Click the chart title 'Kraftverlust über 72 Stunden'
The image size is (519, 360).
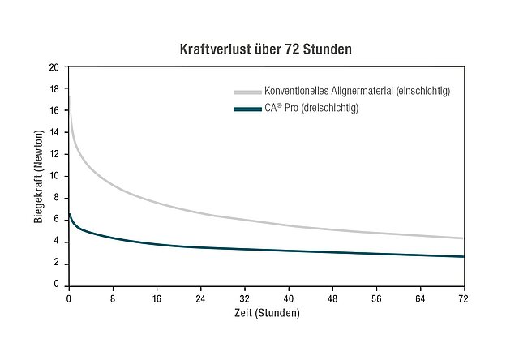tap(266, 49)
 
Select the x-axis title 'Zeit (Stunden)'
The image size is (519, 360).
tap(267, 312)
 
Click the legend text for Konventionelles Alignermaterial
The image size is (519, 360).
tap(357, 91)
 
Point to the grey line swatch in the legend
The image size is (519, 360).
tap(247, 91)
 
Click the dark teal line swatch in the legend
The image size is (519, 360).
tap(247, 109)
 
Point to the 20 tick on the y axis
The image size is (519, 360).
tap(54, 66)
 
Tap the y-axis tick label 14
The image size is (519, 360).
tap(54, 132)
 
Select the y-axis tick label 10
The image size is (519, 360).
tap(54, 176)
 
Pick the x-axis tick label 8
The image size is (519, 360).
tap(113, 298)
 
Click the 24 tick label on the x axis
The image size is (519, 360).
tap(201, 298)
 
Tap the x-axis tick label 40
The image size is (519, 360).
tap(289, 298)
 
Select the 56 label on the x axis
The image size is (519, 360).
tap(376, 298)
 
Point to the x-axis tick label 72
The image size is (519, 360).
tap(464, 298)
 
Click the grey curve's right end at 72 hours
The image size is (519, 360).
tap(463, 238)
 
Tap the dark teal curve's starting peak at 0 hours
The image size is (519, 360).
tap(70, 214)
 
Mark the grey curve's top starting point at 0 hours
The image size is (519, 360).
tap(69, 96)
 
